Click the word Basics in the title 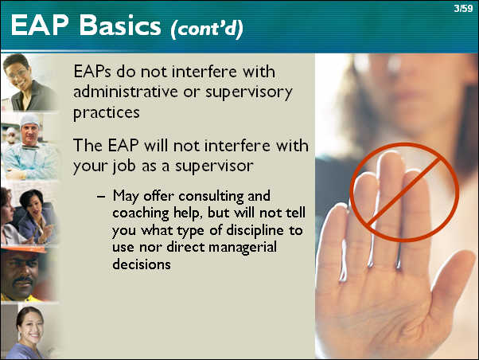120,25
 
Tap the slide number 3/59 463,8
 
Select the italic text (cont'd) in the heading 207,29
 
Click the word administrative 125,92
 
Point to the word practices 107,113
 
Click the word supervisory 249,92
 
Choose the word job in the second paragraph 123,166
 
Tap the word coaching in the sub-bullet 141,213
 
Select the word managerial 242,247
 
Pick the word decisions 142,264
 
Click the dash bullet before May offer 101,197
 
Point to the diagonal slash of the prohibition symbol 404,192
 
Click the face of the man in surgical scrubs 30,134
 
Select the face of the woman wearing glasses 18,74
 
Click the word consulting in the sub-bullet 211,197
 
